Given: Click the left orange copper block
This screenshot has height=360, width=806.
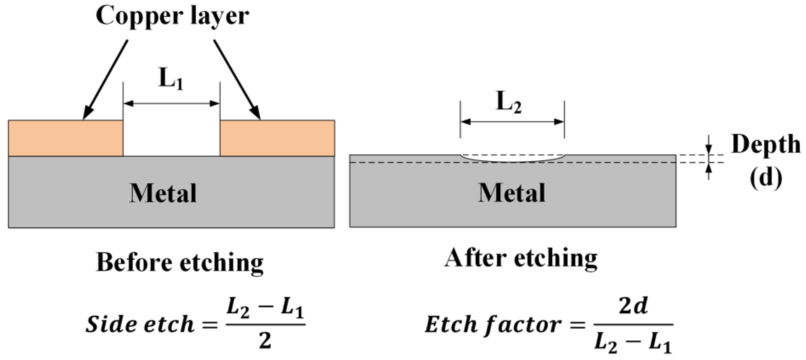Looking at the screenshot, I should [x=65, y=138].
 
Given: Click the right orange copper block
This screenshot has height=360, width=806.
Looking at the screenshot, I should [x=277, y=138].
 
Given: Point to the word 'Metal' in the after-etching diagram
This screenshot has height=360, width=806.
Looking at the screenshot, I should [x=512, y=193].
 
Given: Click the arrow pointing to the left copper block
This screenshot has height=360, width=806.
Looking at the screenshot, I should [x=105, y=80].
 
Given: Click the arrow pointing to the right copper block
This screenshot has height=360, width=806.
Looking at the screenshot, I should [x=237, y=80].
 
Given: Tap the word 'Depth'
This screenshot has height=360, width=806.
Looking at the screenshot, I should [x=765, y=144].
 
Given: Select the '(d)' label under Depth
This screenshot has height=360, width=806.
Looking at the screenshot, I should [x=765, y=177].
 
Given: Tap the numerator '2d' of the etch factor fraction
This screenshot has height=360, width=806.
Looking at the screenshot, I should [x=633, y=306].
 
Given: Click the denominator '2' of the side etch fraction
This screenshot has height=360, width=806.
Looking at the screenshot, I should [x=265, y=341].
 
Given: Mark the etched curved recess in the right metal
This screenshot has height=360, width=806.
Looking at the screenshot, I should [x=512, y=159].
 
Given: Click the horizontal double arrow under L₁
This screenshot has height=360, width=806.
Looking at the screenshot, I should [x=171, y=103].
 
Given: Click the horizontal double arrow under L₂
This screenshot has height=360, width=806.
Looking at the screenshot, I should [x=512, y=122].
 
